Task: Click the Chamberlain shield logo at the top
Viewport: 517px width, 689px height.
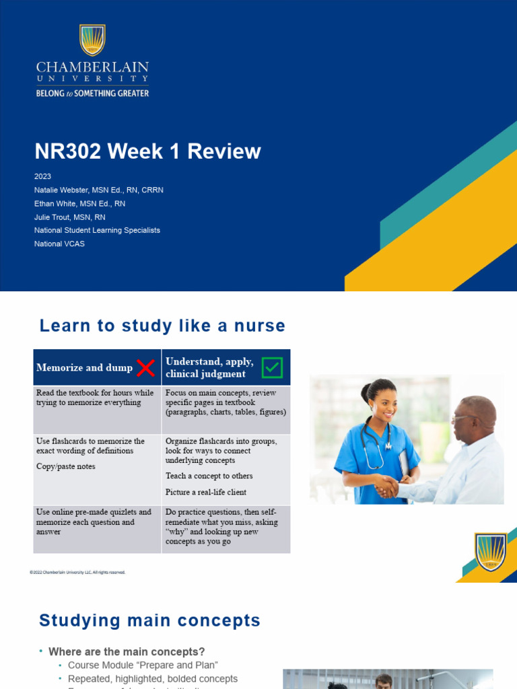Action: pos(92,40)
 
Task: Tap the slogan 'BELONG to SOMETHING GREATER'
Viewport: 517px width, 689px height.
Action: pos(92,94)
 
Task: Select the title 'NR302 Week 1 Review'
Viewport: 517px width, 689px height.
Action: pos(147,151)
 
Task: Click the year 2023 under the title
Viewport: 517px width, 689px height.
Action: pos(42,176)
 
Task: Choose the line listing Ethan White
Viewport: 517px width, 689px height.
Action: pos(79,203)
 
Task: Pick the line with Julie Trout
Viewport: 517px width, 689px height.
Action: pos(69,217)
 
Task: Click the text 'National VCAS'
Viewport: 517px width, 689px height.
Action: pos(59,244)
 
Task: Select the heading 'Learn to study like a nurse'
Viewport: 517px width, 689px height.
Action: pos(162,326)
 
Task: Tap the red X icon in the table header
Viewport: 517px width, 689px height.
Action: pos(146,367)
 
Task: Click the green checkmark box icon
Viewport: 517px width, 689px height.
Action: pos(272,367)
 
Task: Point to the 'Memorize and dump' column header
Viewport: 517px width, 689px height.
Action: pos(84,367)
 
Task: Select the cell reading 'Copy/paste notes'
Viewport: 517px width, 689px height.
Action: pos(65,466)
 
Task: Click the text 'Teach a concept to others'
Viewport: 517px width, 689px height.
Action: pos(209,476)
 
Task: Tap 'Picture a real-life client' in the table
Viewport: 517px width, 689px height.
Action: pos(206,492)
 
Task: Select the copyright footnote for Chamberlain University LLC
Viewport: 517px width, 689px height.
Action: pos(77,572)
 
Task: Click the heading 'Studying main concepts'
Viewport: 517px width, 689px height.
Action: pos(149,620)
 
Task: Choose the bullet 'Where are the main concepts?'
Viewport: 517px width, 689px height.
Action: pos(127,651)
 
